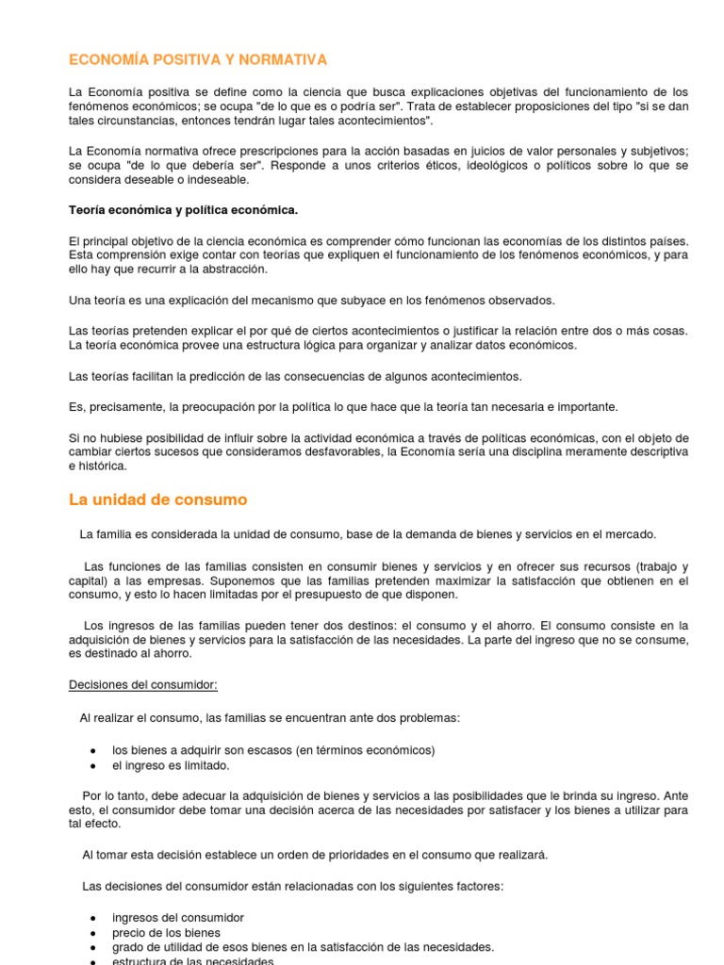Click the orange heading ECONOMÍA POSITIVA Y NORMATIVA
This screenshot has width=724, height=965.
(198, 60)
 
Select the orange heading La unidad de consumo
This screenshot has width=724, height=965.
(158, 499)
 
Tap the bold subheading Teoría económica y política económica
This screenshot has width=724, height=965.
(184, 209)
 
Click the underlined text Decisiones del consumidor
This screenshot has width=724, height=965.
(143, 685)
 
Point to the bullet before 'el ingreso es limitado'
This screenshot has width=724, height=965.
(92, 766)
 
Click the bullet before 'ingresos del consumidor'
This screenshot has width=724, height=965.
(92, 918)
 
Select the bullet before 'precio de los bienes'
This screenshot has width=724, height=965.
(92, 933)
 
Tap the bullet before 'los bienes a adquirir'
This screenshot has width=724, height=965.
(92, 751)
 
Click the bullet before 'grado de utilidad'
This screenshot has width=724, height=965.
(92, 948)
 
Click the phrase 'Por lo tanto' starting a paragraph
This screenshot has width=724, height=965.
(115, 795)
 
